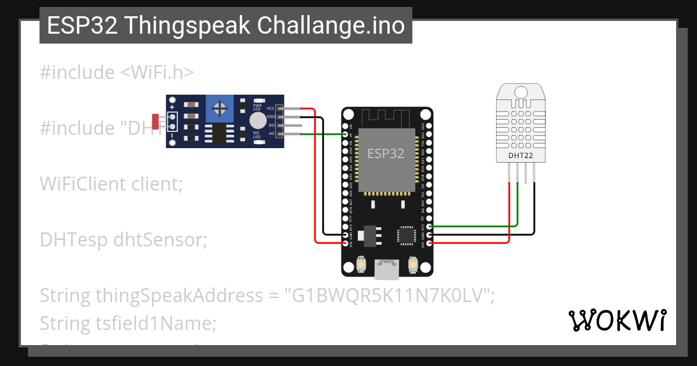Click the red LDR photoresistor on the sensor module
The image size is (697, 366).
tap(155, 121)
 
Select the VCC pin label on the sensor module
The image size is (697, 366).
tap(271, 109)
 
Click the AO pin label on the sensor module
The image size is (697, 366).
tap(271, 134)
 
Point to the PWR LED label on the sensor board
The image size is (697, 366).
tap(256, 106)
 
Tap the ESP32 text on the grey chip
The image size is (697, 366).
tap(386, 153)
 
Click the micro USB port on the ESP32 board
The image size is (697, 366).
tap(386, 268)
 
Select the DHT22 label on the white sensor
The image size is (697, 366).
tap(520, 155)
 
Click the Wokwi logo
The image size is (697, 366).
tap(617, 320)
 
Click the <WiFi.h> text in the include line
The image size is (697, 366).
tap(157, 73)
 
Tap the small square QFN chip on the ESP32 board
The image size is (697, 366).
tap(405, 235)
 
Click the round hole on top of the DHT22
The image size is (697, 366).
tap(520, 92)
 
